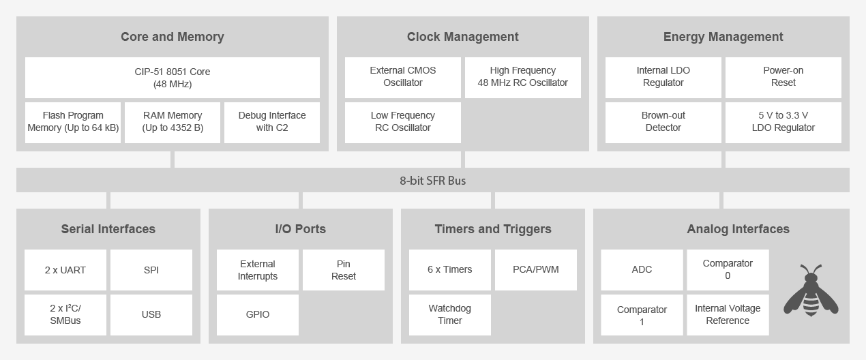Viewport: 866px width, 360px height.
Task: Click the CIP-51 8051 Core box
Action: (172, 78)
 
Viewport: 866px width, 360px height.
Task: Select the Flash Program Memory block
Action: (73, 122)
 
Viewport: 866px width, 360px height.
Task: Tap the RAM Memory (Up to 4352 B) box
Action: (173, 122)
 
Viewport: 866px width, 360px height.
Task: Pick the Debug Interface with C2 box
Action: (272, 122)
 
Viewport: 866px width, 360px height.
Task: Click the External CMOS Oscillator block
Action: (402, 77)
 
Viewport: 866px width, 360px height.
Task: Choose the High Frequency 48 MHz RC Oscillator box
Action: (522, 77)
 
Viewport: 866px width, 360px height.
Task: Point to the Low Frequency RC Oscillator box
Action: (402, 122)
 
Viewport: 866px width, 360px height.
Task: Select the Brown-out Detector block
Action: (663, 122)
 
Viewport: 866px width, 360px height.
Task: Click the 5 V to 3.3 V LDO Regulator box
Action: (783, 122)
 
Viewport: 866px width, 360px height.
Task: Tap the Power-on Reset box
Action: (783, 77)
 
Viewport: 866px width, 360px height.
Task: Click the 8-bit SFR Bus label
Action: (432, 181)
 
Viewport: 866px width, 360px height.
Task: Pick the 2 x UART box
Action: (65, 270)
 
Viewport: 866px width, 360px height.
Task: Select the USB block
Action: (151, 314)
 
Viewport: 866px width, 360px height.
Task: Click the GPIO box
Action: (258, 314)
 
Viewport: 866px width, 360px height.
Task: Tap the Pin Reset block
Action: (344, 270)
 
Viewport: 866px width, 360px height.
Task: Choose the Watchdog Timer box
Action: (450, 314)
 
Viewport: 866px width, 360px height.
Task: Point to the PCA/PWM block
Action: (536, 270)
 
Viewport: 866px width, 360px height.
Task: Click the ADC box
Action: (642, 270)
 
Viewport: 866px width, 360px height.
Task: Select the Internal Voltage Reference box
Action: (728, 314)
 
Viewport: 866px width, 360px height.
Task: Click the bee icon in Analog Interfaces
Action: (811, 291)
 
